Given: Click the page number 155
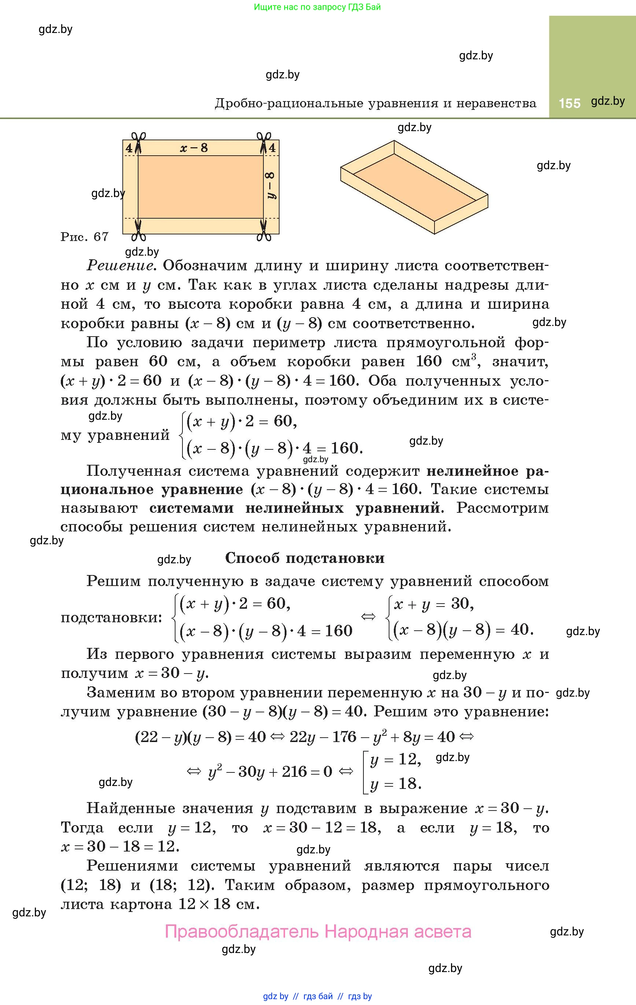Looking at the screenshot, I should [x=569, y=103].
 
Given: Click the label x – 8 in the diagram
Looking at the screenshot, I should [x=194, y=148].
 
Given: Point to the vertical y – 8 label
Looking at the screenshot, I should [x=271, y=185].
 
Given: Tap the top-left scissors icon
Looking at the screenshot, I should [x=138, y=138].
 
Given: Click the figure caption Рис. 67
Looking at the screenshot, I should [x=84, y=237].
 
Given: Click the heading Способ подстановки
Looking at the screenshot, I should [x=304, y=558].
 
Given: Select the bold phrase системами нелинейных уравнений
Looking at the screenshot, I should [x=295, y=508].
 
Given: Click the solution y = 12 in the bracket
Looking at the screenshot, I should [x=395, y=759].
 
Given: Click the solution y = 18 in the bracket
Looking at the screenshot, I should [x=395, y=783].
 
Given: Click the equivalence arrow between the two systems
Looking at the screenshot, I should [x=368, y=616].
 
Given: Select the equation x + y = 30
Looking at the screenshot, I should [x=433, y=604].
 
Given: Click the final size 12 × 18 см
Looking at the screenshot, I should [x=216, y=904].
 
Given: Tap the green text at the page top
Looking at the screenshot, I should [x=317, y=7].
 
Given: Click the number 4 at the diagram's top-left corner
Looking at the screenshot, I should [x=129, y=148].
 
